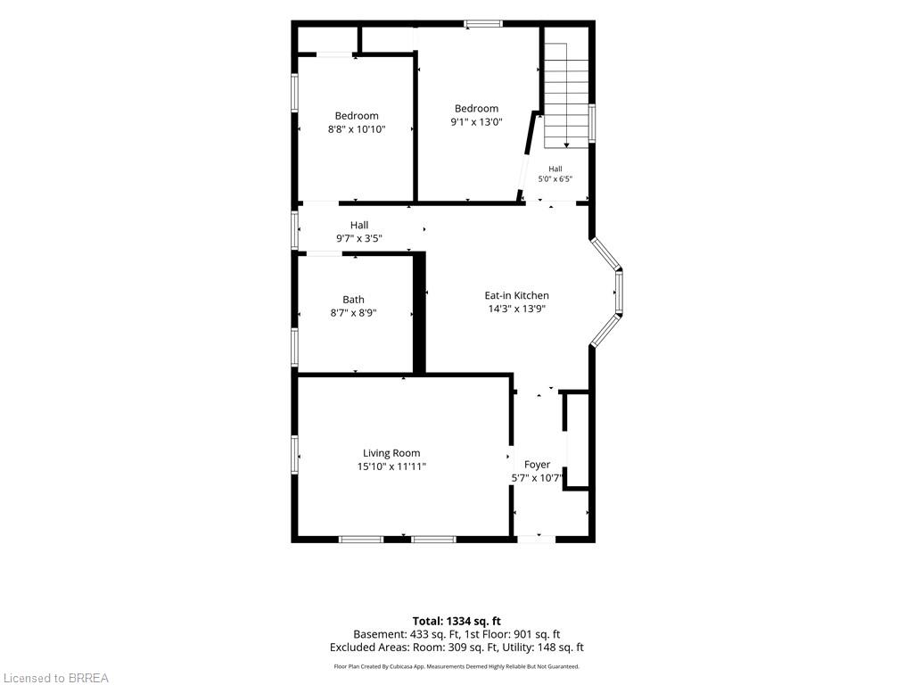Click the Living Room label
(x=391, y=453)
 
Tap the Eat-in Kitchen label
(x=516, y=295)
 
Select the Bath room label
(x=353, y=300)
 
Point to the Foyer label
(x=537, y=465)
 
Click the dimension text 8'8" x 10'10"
(x=357, y=129)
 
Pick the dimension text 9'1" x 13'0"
(x=476, y=121)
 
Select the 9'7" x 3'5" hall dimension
(x=359, y=238)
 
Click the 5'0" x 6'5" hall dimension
(x=555, y=178)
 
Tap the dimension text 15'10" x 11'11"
(x=391, y=466)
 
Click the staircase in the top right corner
(x=566, y=95)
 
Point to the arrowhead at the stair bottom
(x=566, y=145)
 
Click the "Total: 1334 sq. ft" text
(x=456, y=621)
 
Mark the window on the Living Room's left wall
(x=295, y=455)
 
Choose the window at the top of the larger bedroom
(x=482, y=24)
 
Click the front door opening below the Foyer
(x=536, y=540)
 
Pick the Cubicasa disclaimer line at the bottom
(x=456, y=666)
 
